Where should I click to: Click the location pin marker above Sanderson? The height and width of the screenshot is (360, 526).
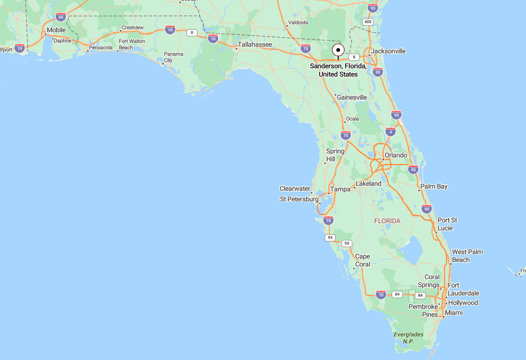click(x=338, y=50)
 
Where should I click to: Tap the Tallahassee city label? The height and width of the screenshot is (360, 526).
click(x=255, y=44)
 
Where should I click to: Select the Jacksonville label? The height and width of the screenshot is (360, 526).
click(x=388, y=51)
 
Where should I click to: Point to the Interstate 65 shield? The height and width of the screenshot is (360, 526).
click(x=60, y=17)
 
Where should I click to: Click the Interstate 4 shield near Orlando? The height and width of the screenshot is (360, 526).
click(x=391, y=132)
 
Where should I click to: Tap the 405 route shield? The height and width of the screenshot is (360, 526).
click(x=368, y=22)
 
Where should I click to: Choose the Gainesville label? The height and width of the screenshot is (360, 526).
click(x=352, y=98)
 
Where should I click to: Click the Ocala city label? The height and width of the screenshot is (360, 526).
click(x=352, y=119)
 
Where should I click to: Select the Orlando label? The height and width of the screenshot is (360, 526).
click(x=396, y=155)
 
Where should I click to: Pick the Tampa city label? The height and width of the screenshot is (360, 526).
click(x=340, y=189)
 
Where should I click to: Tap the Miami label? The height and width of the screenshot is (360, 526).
click(x=454, y=313)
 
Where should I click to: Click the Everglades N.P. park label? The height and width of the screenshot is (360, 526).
click(x=409, y=338)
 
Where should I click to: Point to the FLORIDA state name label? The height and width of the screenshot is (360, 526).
click(x=387, y=221)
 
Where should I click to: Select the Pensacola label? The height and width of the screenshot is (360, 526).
click(x=101, y=48)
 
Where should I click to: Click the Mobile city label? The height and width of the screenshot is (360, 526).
click(x=56, y=30)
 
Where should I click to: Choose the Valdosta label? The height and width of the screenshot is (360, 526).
click(x=298, y=22)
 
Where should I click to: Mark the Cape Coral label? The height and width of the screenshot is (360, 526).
click(x=362, y=260)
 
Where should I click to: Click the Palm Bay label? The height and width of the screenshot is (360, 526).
click(x=434, y=186)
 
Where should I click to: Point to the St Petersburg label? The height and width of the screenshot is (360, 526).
click(x=299, y=199)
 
